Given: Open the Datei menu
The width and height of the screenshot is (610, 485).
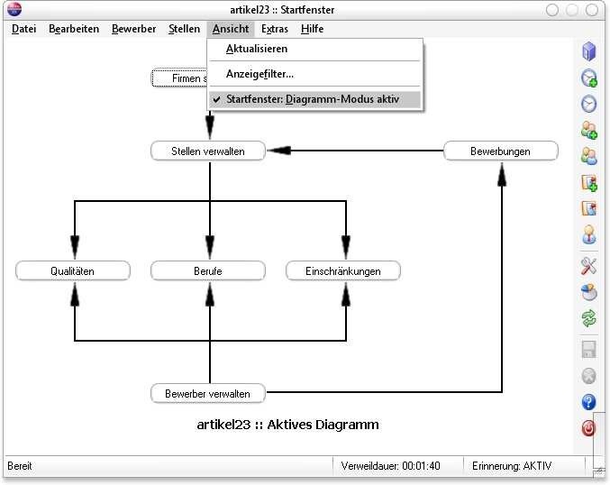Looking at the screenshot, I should [24, 29].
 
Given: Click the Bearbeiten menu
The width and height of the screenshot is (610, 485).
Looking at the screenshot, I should [74, 29].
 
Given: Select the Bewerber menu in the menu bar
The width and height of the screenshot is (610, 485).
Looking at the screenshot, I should [134, 29].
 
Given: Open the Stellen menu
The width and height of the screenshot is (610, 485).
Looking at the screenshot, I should [185, 29].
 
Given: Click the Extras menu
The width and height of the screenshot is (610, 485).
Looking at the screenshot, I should [275, 29].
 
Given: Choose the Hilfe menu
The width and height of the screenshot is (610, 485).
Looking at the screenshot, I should [312, 29].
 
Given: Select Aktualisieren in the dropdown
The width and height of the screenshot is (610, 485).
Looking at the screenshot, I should [257, 49].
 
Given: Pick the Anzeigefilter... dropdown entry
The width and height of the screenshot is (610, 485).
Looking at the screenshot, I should [259, 74].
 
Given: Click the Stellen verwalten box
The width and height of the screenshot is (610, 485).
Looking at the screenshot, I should [208, 151].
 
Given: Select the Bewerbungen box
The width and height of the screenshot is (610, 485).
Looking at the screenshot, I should [500, 151].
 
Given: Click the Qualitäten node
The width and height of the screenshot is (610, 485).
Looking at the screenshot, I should [73, 270].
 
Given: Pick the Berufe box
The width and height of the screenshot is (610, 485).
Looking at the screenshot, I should [208, 270].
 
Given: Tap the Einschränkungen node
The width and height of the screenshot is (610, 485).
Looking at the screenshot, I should [343, 270].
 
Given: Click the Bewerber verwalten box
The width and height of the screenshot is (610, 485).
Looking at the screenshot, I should [208, 393].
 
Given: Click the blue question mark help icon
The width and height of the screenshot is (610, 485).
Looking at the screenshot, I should [589, 401].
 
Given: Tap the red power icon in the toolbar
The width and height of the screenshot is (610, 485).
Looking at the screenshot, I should [589, 428].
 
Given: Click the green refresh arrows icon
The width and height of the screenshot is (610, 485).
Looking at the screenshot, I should [589, 318].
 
